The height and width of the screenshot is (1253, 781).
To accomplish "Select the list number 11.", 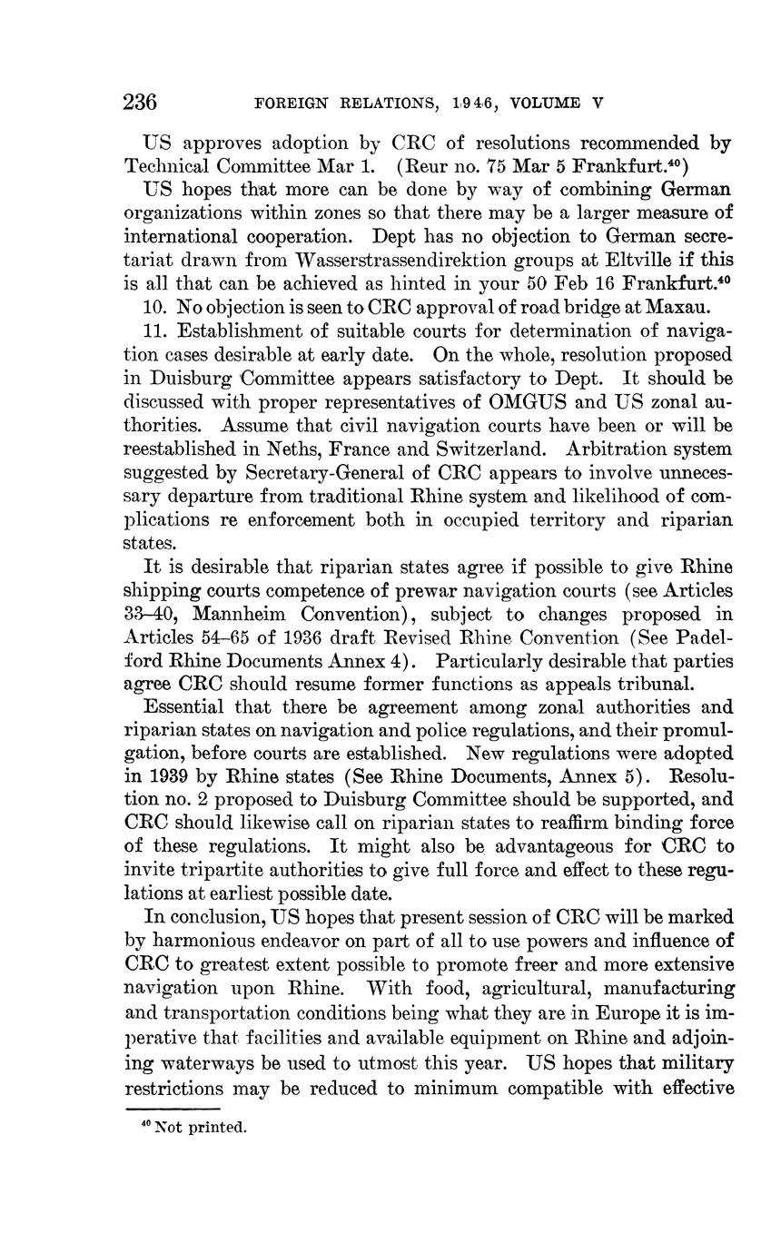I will pyautogui.click(x=156, y=331).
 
